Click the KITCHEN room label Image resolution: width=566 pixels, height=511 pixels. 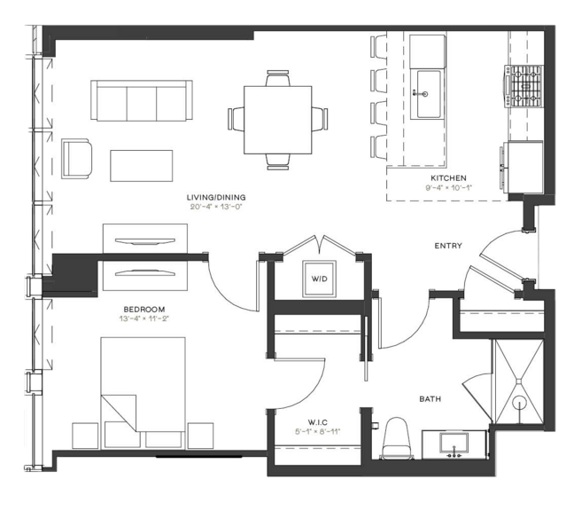448,178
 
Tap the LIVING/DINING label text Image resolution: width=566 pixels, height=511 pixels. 216,198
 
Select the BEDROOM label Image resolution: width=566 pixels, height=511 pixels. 144,310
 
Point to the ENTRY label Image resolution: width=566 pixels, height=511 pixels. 448,246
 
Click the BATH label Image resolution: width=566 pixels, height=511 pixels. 430,399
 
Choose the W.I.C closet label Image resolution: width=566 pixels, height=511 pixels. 318,422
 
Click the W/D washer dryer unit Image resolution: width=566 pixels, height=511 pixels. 320,279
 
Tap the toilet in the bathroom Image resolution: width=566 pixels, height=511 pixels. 396,438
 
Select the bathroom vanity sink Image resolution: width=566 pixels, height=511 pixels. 454,444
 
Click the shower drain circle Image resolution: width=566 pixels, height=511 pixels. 519,402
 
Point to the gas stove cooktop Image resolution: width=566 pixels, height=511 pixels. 524,86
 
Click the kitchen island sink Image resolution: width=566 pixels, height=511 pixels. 429,94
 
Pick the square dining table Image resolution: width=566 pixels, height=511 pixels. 277,120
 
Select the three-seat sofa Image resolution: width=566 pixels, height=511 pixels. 141,100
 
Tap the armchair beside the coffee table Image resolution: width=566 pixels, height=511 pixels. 76,159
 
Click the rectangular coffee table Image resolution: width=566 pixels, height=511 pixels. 141,166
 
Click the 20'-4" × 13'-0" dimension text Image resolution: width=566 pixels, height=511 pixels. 215,208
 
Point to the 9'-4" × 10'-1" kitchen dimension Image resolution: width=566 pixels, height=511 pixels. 448,188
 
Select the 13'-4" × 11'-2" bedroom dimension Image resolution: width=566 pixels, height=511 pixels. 144,319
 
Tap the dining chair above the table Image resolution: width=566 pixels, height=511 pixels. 277,78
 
